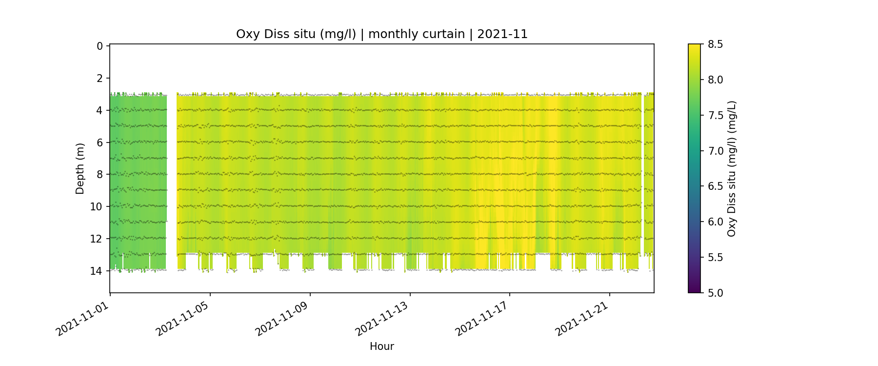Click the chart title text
pos(381,34)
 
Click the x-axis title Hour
pos(381,346)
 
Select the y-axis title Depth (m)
pos(80,168)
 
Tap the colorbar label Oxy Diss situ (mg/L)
pos(731,168)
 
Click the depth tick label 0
pos(100,46)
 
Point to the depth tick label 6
pos(100,142)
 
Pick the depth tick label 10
pos(97,206)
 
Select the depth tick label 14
pos(97,271)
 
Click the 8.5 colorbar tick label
pos(715,44)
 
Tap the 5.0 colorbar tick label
pos(715,293)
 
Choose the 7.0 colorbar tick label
pos(715,151)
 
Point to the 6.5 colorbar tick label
pos(715,186)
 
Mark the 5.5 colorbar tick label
pos(715,257)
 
